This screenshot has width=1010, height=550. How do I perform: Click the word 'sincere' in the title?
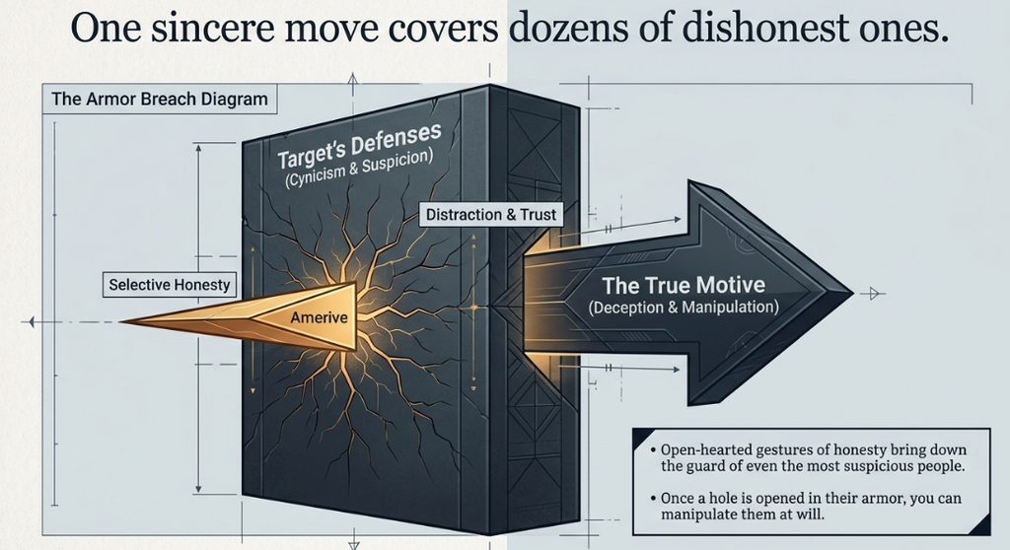(199, 28)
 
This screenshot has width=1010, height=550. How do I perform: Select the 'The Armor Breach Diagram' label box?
(160, 100)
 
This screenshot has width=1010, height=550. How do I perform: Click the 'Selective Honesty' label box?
(170, 285)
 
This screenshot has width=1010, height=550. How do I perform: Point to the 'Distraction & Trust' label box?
(491, 215)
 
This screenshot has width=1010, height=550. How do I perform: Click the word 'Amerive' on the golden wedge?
(319, 316)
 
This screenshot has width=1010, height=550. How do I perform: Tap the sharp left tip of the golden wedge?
(121, 321)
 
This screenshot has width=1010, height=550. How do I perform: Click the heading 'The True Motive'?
(684, 285)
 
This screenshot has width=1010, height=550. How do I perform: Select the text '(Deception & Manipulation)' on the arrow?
(684, 308)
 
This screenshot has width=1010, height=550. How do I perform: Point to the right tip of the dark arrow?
(853, 293)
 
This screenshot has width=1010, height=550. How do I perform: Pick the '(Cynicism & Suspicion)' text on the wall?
(358, 169)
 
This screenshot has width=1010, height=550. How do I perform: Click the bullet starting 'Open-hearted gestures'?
(808, 458)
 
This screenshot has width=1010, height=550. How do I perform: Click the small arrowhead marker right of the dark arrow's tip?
(874, 294)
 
